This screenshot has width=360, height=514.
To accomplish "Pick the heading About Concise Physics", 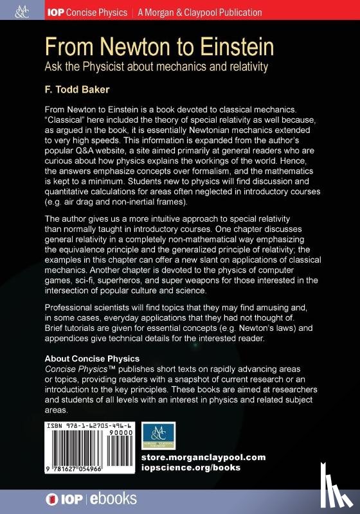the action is pos(91,358).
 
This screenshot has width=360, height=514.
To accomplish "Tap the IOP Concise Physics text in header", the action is pos(86,12).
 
